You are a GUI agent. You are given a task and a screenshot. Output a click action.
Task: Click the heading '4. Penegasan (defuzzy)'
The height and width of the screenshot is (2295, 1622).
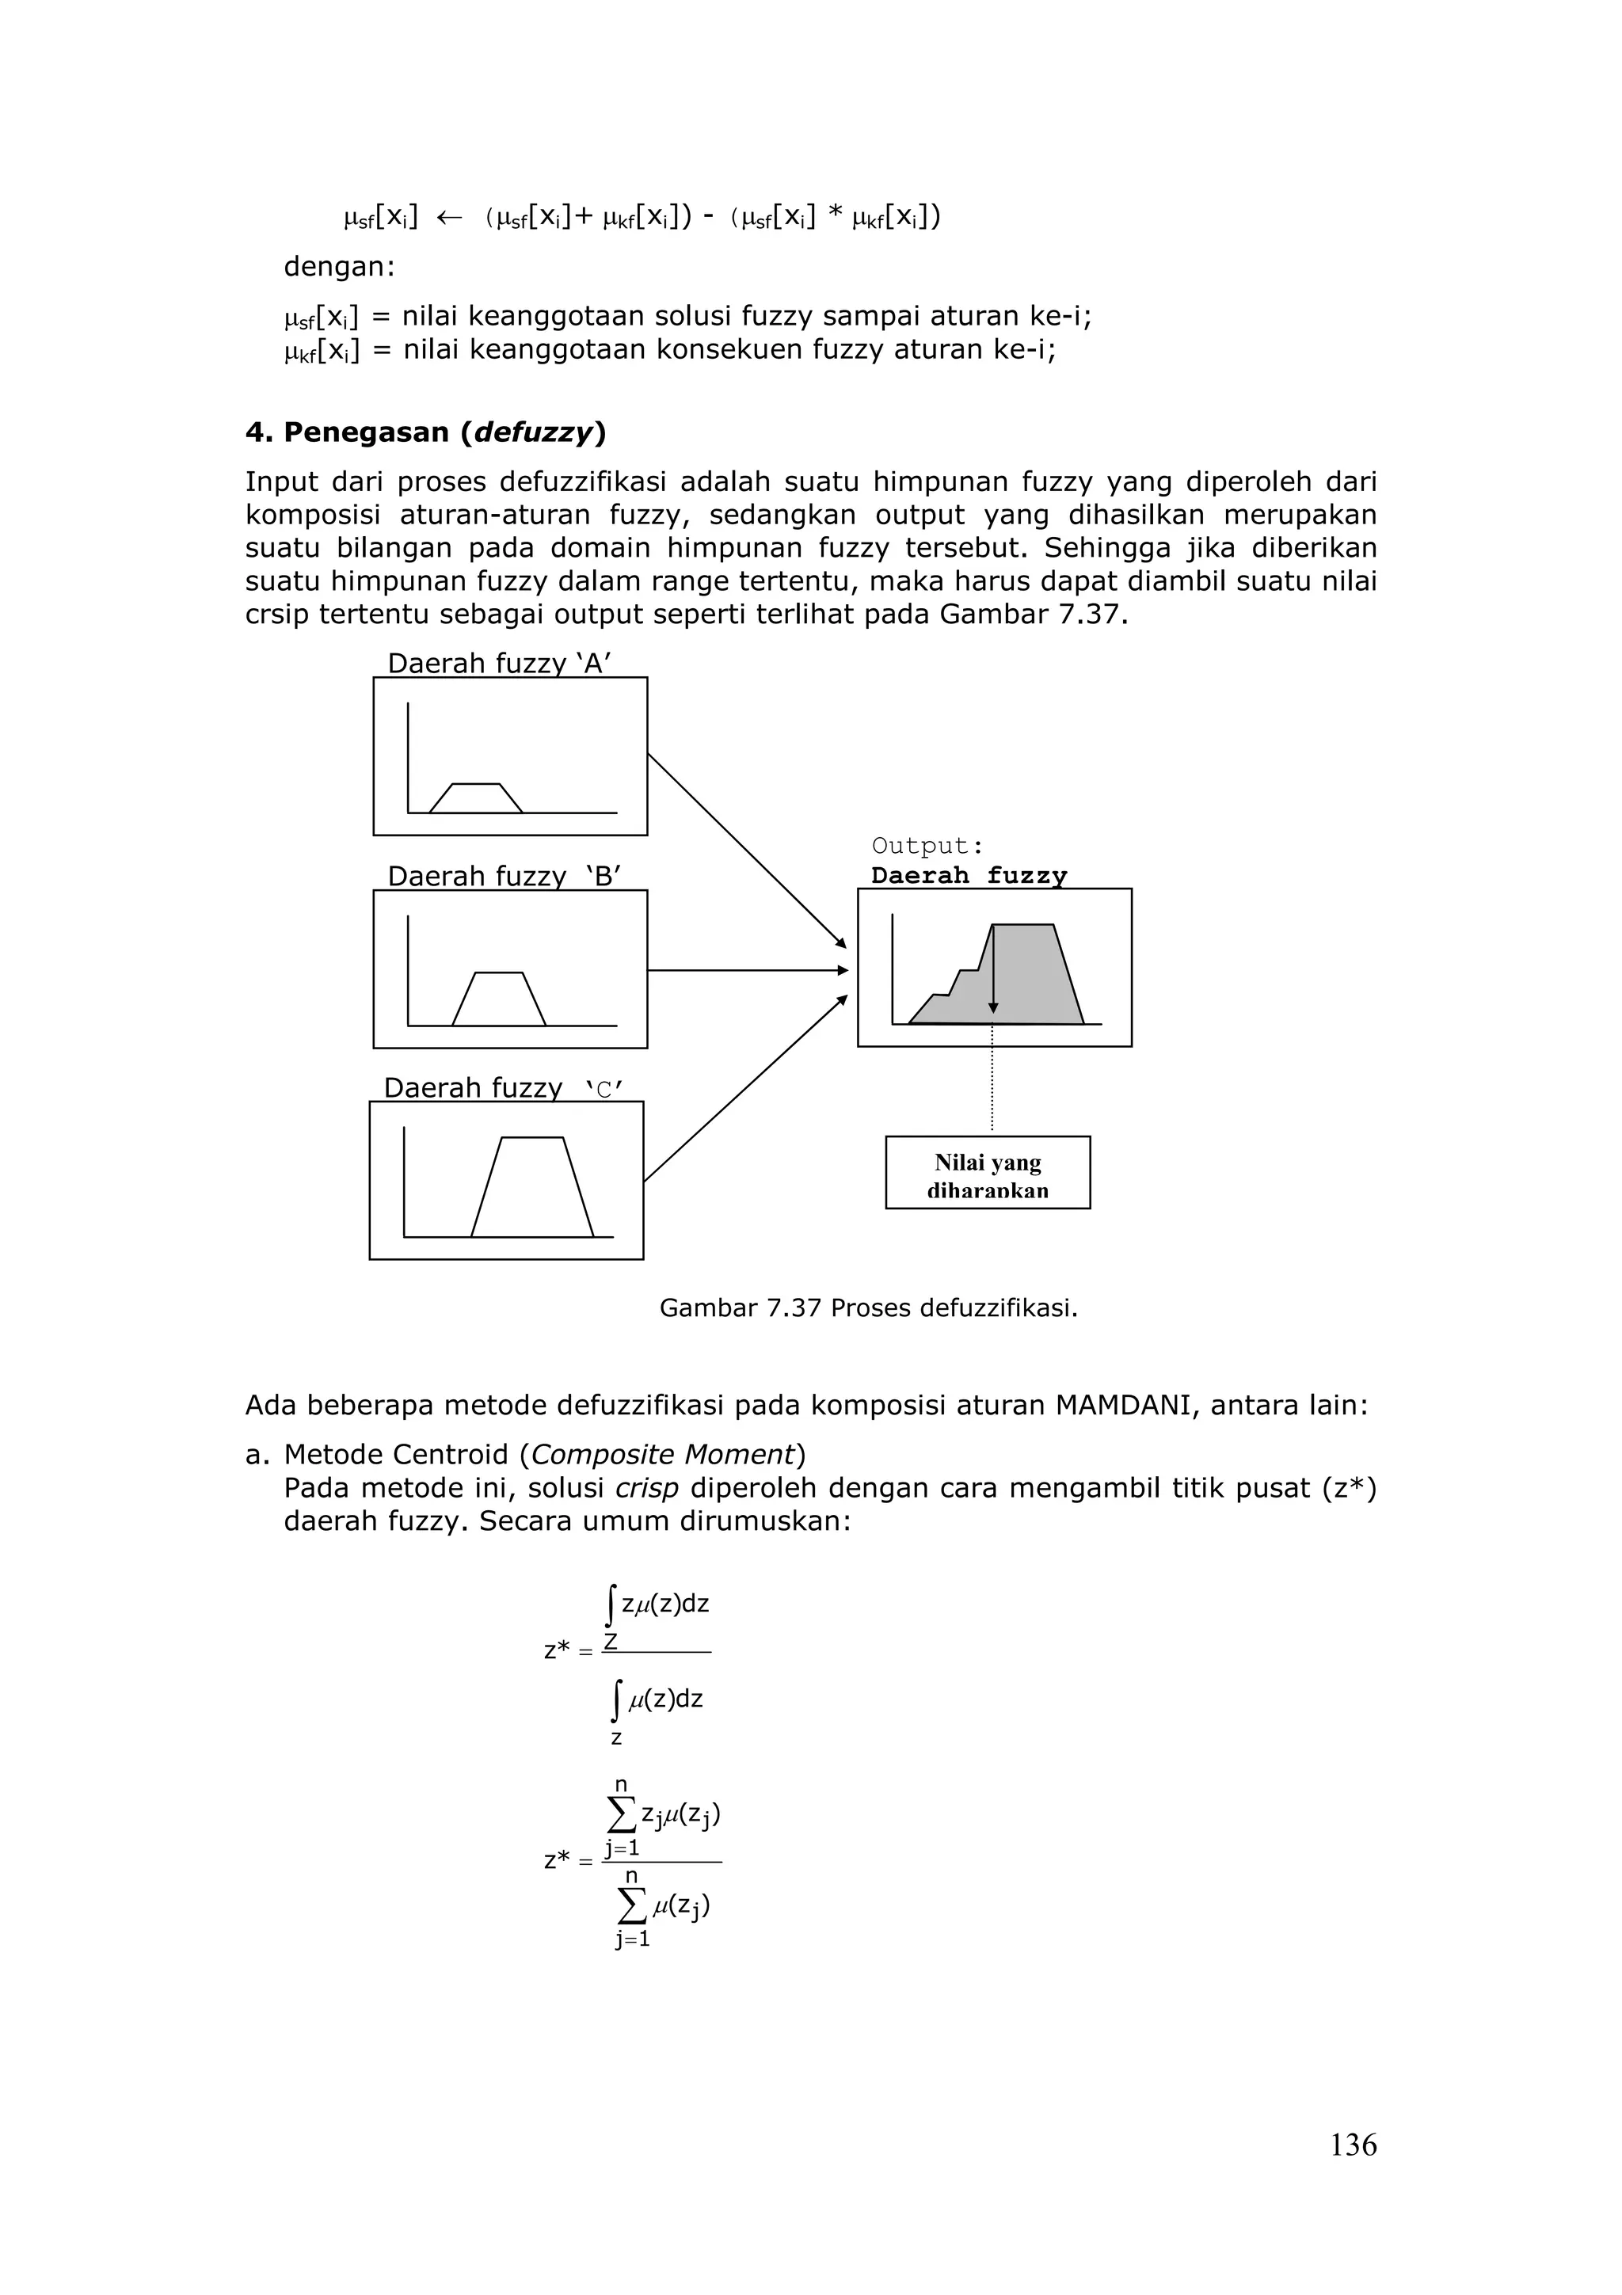click(x=426, y=433)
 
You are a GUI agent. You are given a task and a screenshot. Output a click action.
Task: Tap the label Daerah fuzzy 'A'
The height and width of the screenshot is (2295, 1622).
click(x=499, y=664)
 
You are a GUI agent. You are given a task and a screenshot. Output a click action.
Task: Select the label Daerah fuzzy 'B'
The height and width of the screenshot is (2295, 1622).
click(x=504, y=877)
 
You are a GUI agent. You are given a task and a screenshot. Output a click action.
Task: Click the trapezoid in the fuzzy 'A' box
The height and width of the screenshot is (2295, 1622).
click(x=476, y=798)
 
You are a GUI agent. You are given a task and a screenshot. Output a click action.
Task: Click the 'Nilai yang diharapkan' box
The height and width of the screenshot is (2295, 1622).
click(x=988, y=1174)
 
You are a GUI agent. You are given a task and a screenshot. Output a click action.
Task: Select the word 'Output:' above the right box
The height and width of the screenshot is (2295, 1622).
click(x=927, y=846)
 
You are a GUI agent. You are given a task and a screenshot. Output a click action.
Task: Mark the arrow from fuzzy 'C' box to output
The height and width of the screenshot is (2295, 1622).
click(x=744, y=1089)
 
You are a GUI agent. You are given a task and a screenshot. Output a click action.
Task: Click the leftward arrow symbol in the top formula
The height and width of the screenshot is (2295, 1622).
click(x=450, y=217)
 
